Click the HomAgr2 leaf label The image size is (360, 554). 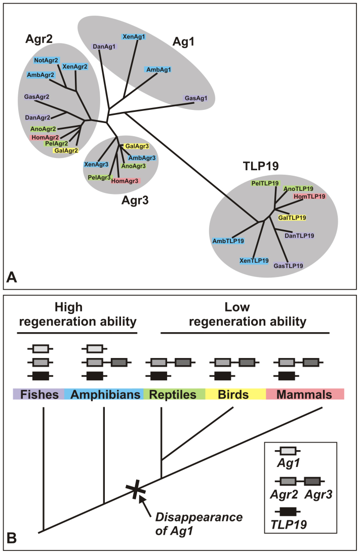[x=45, y=137]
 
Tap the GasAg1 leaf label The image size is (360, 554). [x=195, y=98]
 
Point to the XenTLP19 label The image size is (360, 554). [x=254, y=261]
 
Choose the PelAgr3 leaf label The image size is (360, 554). [x=100, y=177]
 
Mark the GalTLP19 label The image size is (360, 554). [x=292, y=217]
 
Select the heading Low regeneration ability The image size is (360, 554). [x=245, y=314]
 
